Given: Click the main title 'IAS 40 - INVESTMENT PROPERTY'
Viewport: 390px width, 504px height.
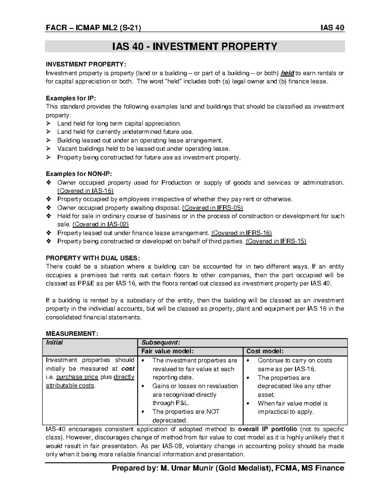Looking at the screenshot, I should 194,46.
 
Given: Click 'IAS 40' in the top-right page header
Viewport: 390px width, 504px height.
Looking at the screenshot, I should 332,28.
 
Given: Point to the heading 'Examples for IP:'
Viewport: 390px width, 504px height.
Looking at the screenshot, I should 71,98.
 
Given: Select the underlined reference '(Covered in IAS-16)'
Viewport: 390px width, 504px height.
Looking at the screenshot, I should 85,191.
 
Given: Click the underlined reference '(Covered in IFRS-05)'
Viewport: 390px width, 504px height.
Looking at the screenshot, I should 213,208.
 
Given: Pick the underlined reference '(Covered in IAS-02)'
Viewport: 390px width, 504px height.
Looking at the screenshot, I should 100,224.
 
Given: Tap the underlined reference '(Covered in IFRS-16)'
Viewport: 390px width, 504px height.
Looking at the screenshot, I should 241,233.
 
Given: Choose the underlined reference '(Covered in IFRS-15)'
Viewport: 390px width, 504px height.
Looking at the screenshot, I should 276,241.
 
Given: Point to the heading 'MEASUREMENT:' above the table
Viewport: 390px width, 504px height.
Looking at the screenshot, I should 71,334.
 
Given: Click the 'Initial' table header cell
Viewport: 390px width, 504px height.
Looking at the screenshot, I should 55,342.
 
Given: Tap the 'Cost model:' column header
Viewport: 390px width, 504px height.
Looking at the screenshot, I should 265,351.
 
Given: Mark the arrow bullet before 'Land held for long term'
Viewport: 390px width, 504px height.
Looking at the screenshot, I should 49,123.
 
